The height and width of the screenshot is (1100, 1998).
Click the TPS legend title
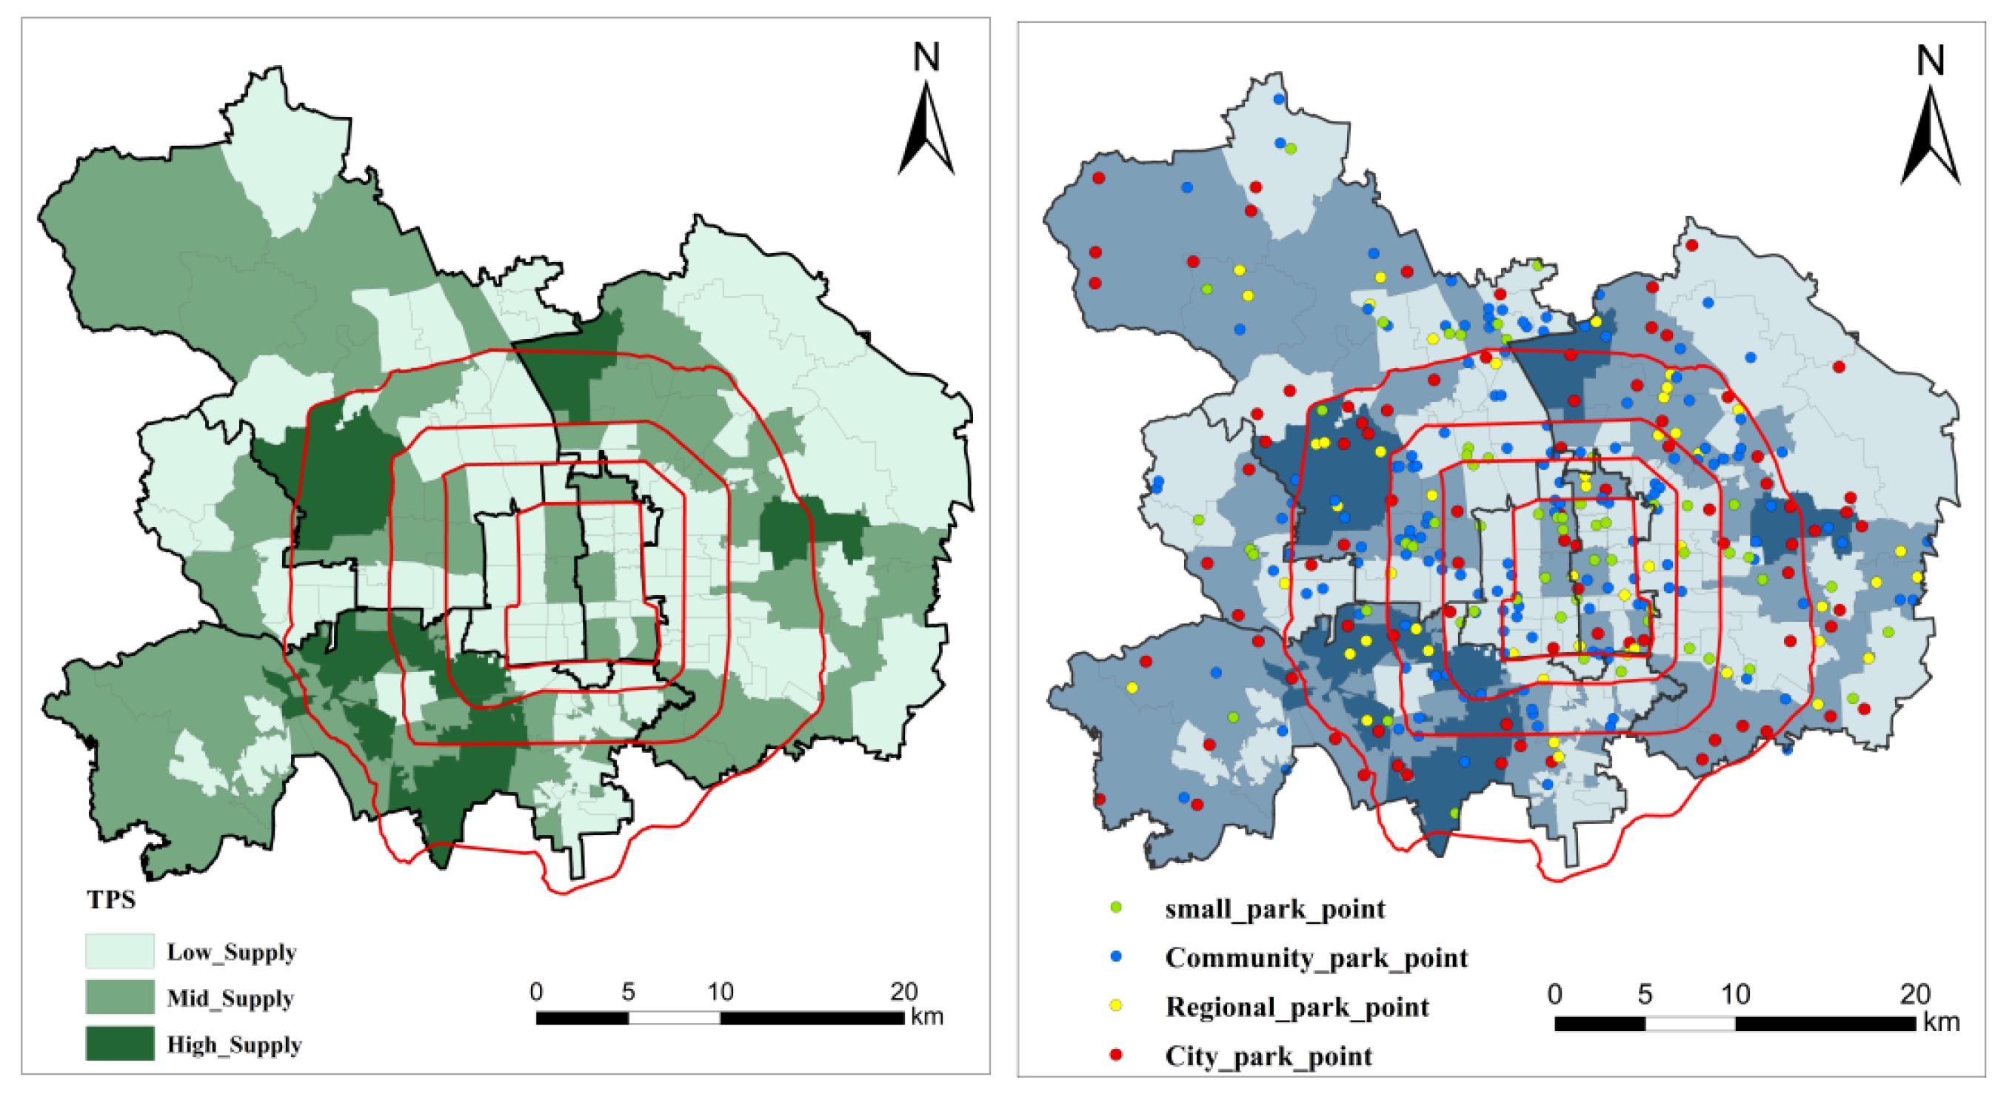(111, 899)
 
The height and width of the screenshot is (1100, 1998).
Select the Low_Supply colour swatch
(119, 951)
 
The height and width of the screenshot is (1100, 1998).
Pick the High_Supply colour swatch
(119, 1044)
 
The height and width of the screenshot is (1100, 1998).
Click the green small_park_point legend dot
(1116, 907)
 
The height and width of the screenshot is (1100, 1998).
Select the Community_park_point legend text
(1316, 957)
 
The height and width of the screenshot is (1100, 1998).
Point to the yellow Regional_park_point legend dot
(1116, 1005)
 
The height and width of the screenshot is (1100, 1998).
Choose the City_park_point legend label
(1268, 1056)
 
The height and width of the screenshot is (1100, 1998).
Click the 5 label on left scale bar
(627, 991)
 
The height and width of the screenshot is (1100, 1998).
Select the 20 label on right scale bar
(1914, 994)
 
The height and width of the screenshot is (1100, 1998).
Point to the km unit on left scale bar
(927, 1016)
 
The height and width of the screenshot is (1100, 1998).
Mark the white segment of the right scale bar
(1690, 1023)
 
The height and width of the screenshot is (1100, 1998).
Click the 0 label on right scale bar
(1554, 994)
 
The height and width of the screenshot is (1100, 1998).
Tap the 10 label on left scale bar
(720, 991)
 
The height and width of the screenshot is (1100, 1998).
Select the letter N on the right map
(1930, 60)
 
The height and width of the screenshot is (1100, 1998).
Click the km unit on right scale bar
(1942, 1022)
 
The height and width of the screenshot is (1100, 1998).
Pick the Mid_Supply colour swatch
(119, 997)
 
